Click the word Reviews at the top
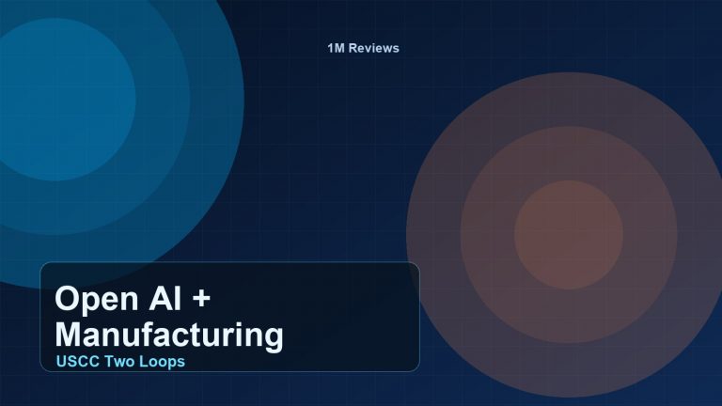(374, 48)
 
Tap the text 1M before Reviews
(337, 48)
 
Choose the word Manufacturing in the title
(169, 335)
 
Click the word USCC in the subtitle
(77, 361)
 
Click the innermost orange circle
(569, 235)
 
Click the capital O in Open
(67, 301)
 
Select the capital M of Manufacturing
(71, 335)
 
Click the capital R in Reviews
(355, 48)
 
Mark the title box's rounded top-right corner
(415, 267)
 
